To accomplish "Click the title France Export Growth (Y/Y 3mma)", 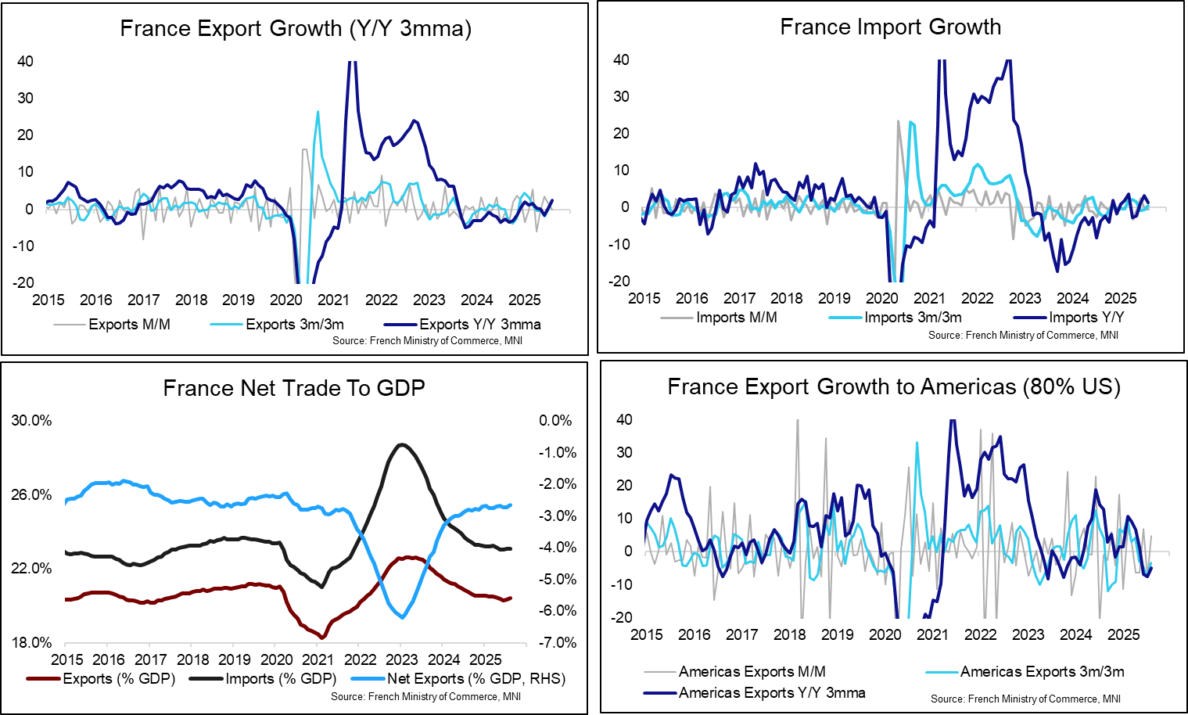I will click(x=296, y=29).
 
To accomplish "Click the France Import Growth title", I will click(x=890, y=27).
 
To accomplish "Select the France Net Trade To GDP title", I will click(x=293, y=389).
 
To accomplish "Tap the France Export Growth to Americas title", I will click(x=893, y=387).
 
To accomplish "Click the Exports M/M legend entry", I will click(x=128, y=325).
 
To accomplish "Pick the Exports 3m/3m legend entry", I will click(x=294, y=325).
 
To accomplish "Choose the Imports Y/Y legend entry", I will click(x=1086, y=318).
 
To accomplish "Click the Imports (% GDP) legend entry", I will click(x=280, y=679).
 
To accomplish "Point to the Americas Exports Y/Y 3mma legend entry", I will click(x=771, y=693).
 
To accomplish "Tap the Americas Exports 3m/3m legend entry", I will click(x=1042, y=672).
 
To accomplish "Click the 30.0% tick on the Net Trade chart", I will click(x=31, y=421).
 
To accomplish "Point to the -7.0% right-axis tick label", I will click(x=557, y=643).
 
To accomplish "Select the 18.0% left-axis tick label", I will click(x=31, y=643).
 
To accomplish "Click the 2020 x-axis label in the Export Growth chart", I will click(x=286, y=300).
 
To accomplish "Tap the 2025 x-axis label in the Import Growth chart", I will click(x=1120, y=299).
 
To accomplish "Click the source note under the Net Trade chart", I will click(x=425, y=696).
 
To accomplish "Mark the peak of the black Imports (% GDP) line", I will click(x=401, y=444).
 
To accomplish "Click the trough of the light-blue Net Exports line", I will click(x=403, y=618).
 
